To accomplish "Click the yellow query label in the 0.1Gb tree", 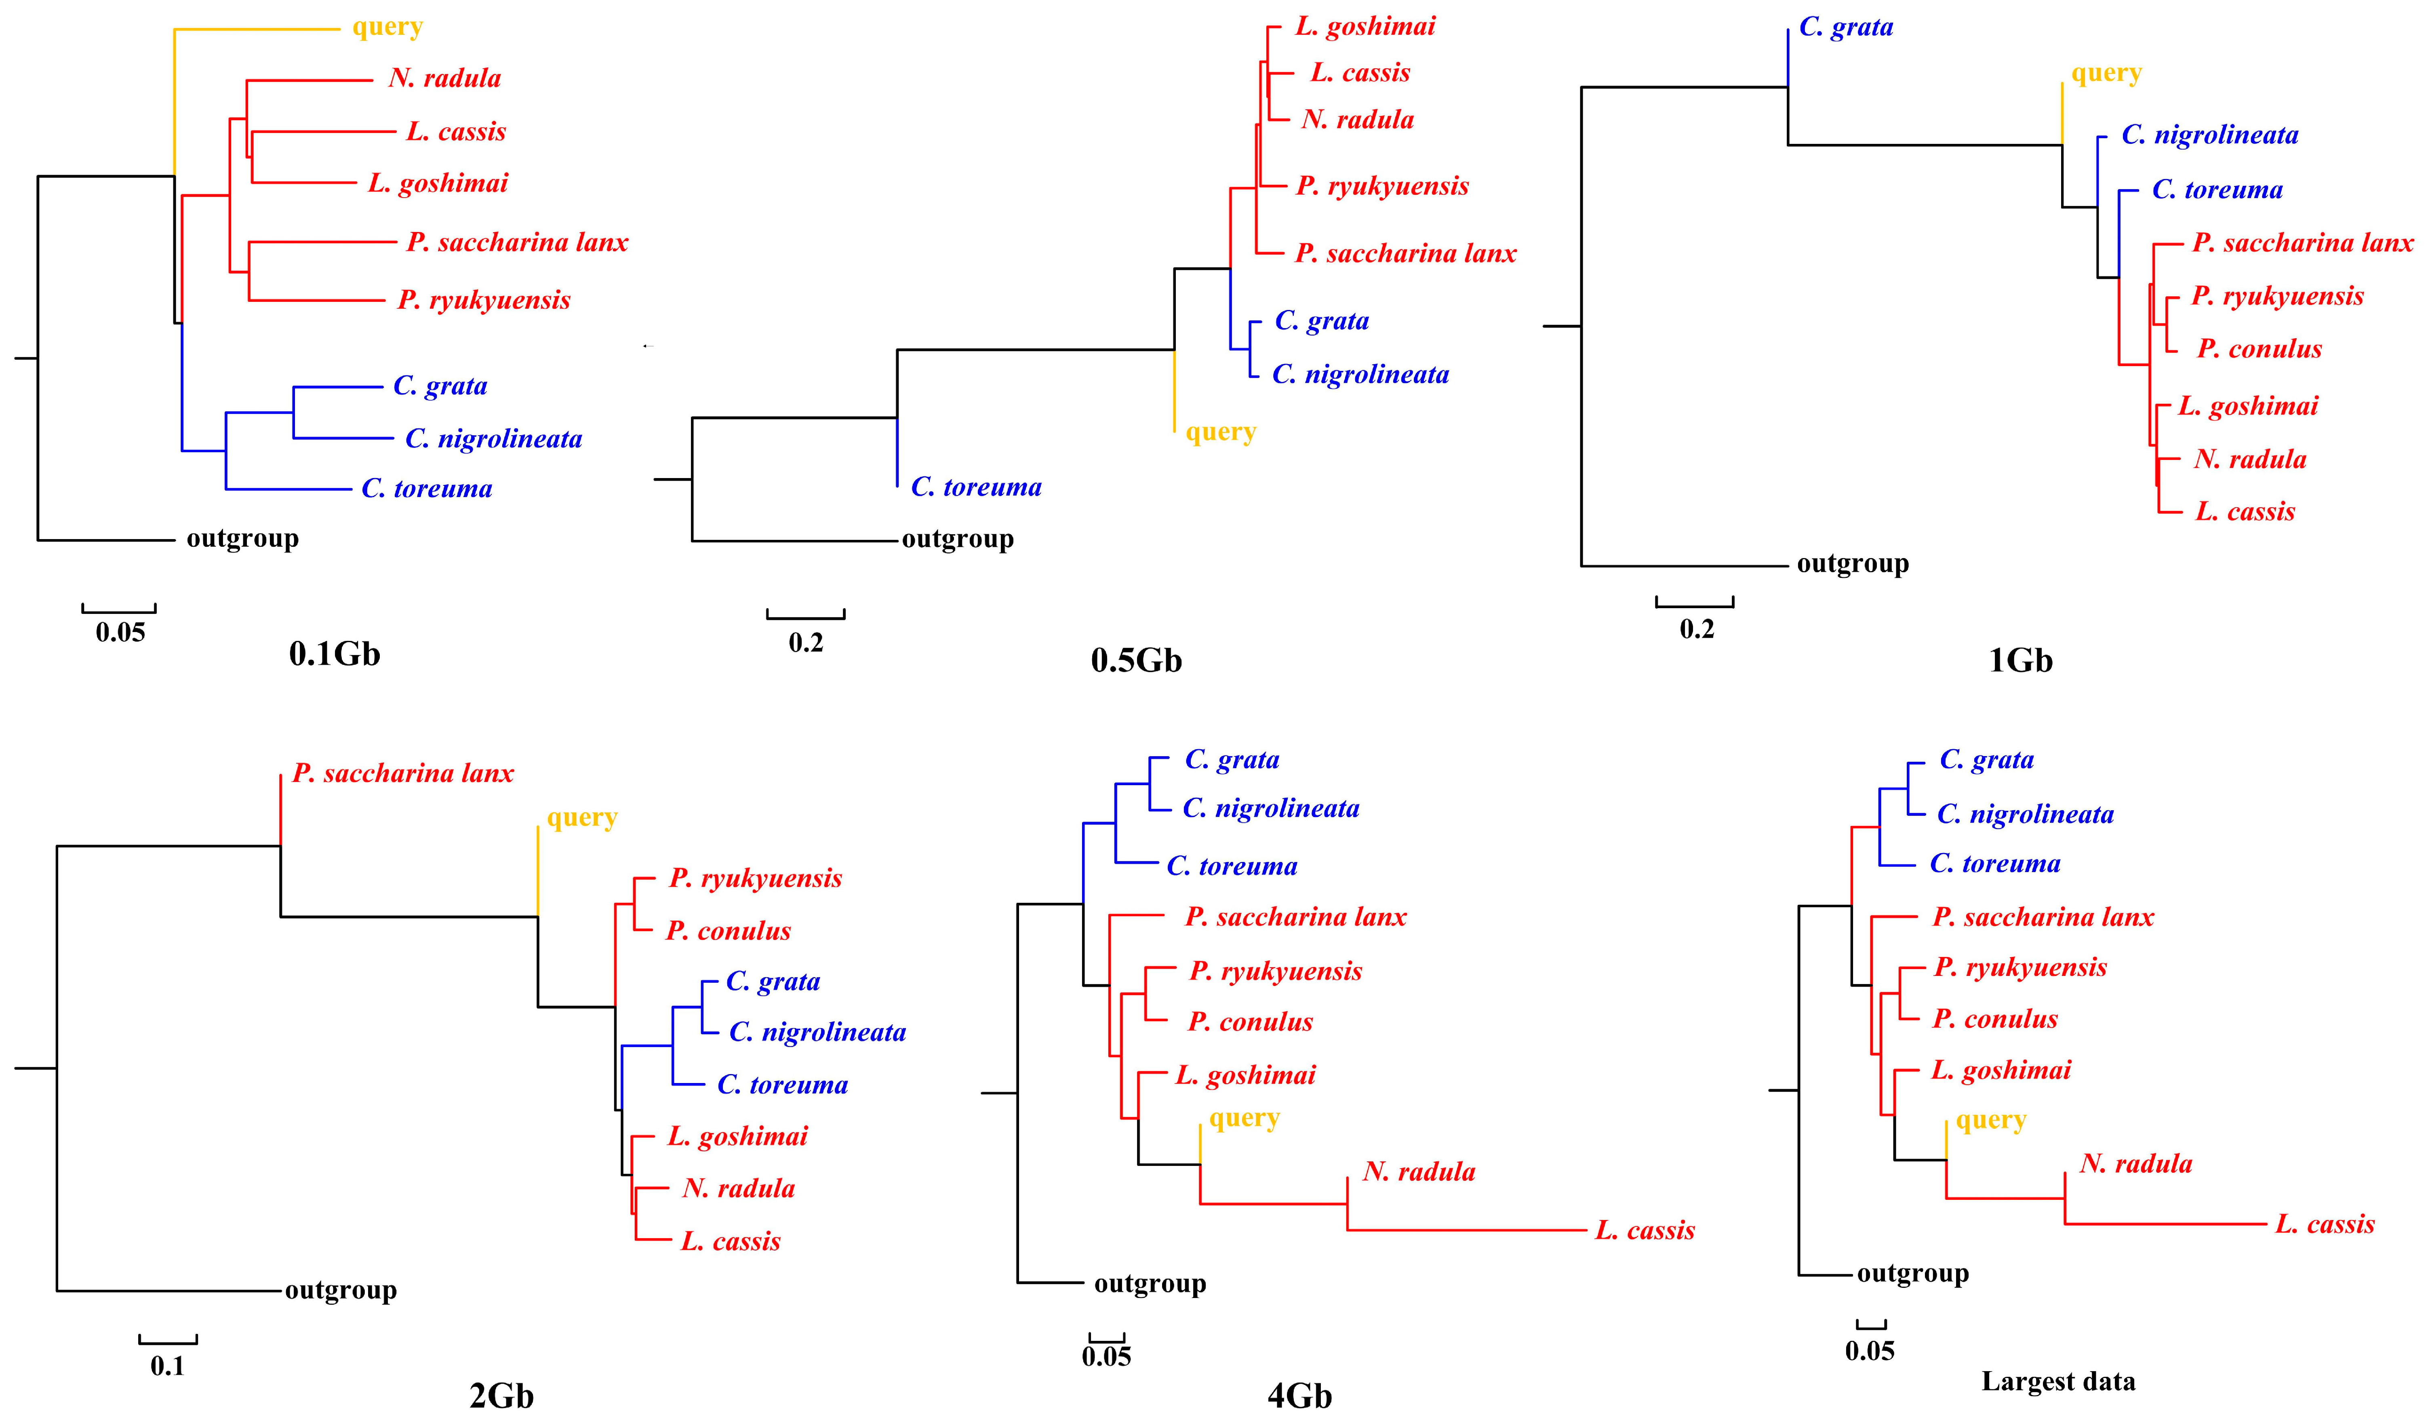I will [387, 27].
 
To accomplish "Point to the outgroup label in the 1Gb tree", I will [1852, 564].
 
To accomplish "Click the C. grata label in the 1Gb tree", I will [1845, 27].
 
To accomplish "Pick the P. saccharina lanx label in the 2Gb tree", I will [403, 773].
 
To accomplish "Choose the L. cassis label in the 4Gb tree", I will [1645, 1230].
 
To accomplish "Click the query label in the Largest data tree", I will [1990, 1120].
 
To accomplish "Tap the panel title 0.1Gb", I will [334, 655].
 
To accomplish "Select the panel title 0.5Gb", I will [1136, 660].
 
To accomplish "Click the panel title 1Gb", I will [2020, 660].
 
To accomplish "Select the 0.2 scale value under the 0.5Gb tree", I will [805, 643].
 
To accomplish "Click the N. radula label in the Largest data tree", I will [2135, 1163].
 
